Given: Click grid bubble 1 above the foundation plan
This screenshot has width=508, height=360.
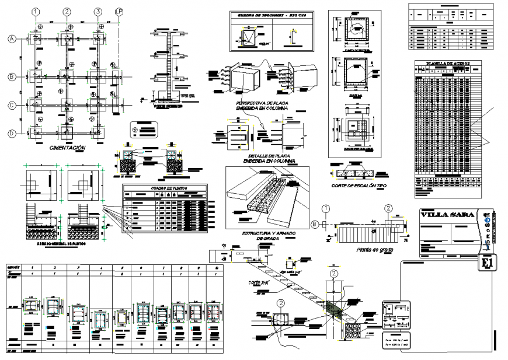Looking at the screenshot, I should click(x=36, y=12).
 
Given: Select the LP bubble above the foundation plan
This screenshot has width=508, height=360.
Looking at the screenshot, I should click(x=119, y=12).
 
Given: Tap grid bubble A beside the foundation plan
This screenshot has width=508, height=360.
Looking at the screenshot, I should click(x=11, y=39).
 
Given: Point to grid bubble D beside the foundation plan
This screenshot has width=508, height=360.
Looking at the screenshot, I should click(x=11, y=133).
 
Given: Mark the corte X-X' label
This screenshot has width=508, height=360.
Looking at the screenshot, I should click(x=259, y=282).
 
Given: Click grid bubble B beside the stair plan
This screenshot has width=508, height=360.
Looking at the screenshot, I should click(x=315, y=223).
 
